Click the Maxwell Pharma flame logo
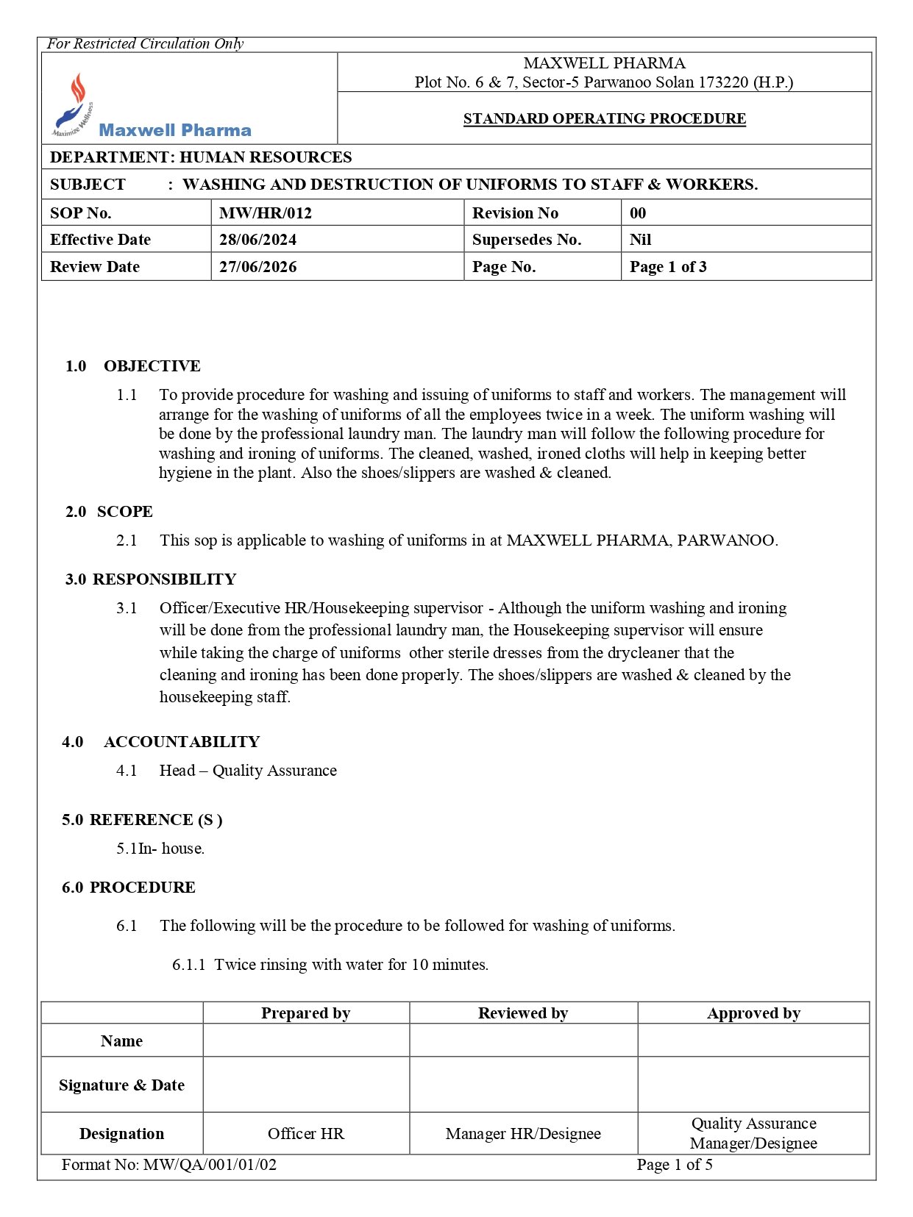[74, 105]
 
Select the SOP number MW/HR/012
[266, 213]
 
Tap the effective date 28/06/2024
[257, 240]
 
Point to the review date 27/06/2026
[257, 267]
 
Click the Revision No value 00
[638, 213]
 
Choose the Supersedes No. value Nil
[640, 240]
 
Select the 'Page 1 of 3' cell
[668, 267]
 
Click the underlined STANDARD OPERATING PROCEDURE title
[604, 118]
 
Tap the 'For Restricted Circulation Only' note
[145, 44]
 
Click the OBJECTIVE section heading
[152, 366]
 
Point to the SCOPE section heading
[124, 512]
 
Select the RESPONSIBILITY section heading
[164, 579]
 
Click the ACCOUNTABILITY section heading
[182, 742]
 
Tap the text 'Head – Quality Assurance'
[248, 771]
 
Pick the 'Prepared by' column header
[305, 1013]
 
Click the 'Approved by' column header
[753, 1013]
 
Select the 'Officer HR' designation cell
[305, 1134]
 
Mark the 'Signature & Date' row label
[121, 1085]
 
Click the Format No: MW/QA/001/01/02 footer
[169, 1165]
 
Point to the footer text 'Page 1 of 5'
[675, 1165]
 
